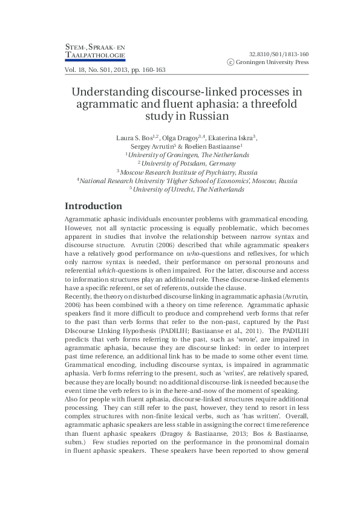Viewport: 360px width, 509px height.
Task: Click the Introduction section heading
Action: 93,206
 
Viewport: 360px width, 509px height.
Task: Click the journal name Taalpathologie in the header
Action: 94,56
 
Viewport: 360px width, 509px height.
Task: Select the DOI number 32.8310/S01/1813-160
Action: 279,53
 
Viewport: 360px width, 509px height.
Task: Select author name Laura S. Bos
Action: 134,138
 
